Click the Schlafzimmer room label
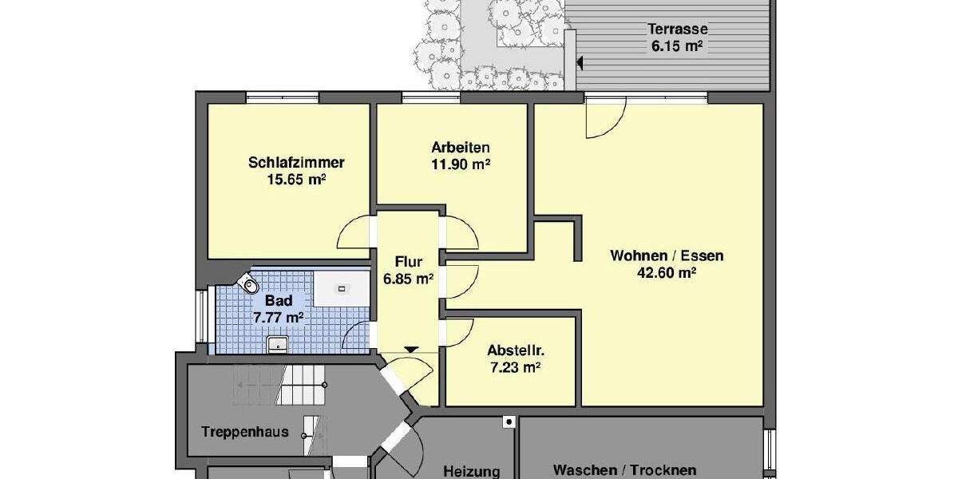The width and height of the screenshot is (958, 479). tap(296, 163)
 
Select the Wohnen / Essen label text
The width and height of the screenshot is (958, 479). tap(667, 256)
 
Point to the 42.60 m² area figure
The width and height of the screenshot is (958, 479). tap(667, 272)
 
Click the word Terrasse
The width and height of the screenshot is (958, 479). tap(677, 30)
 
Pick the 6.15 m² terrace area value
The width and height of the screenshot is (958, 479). tap(677, 46)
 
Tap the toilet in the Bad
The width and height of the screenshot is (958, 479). tap(250, 282)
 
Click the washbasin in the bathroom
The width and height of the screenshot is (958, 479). tap(276, 343)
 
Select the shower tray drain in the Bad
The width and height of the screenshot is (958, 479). tap(342, 288)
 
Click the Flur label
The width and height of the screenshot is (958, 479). tap(408, 262)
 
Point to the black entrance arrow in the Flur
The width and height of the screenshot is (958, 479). tap(410, 349)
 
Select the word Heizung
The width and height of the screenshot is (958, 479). tap(471, 471)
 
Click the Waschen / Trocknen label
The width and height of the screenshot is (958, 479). tap(624, 470)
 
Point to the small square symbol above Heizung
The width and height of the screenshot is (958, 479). tap(508, 422)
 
